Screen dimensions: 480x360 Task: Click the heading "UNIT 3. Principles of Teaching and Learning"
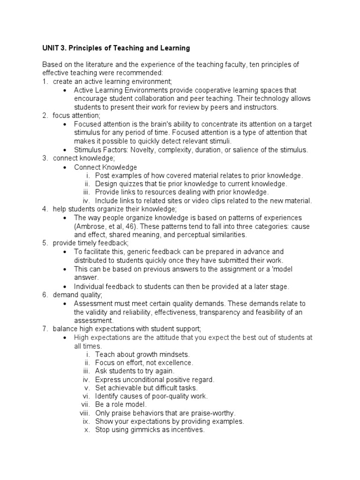(116, 48)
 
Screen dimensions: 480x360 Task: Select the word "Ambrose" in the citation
(89, 226)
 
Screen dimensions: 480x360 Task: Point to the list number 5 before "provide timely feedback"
(45, 243)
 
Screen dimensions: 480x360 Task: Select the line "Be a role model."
(121, 405)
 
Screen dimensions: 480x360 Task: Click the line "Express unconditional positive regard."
(154, 380)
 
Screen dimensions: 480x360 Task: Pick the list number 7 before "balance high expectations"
(45, 329)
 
